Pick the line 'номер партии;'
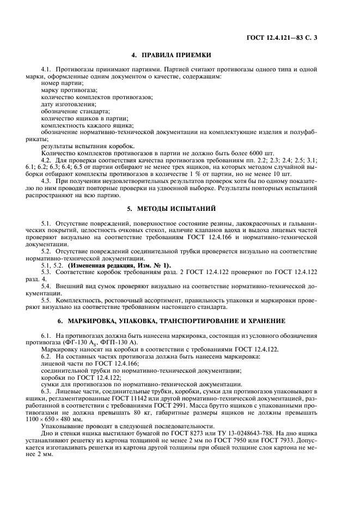pyautogui.click(x=60, y=84)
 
